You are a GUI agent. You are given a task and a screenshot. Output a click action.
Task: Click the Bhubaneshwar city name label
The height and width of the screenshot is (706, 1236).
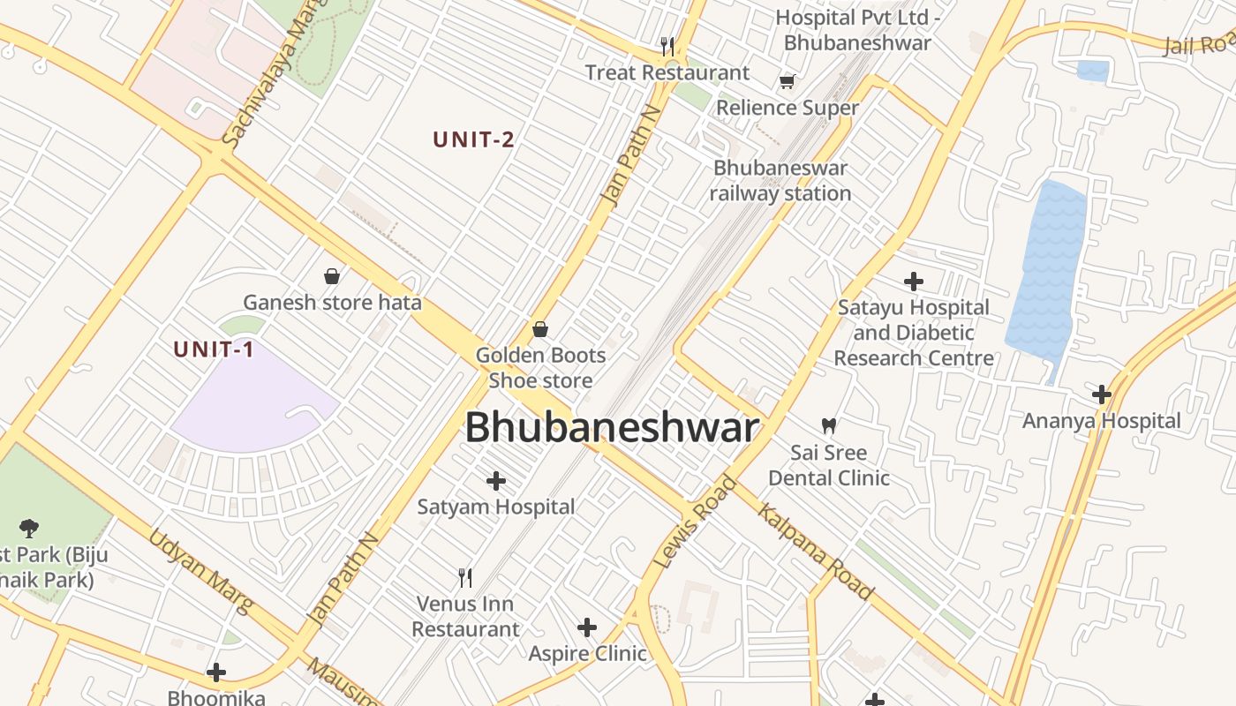coord(611,428)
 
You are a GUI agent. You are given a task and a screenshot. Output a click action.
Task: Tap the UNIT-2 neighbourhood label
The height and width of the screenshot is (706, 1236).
coord(473,139)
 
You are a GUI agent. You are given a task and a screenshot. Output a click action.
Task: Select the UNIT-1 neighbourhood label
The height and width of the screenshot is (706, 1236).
coord(214,349)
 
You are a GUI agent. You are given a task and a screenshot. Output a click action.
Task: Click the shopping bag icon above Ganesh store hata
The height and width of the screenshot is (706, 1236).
coord(332,276)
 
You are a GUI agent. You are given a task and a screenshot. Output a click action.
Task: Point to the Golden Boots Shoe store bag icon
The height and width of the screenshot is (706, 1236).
coord(540,329)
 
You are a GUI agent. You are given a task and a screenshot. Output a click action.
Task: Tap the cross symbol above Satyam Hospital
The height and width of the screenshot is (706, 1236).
coord(496,481)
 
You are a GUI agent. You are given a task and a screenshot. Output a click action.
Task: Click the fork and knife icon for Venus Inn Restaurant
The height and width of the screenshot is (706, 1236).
coord(465,578)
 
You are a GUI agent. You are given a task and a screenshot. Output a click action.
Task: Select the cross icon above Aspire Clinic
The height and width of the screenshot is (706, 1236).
coord(587,627)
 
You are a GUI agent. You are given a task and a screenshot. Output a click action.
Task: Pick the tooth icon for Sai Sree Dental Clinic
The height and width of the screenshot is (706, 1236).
coord(828,426)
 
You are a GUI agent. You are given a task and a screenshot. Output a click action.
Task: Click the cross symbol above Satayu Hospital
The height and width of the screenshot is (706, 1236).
coord(914,282)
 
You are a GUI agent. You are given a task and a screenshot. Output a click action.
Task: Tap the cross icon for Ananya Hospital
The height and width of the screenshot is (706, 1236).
coord(1101,394)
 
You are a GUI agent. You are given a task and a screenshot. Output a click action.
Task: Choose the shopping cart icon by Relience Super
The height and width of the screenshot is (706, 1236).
coord(787,82)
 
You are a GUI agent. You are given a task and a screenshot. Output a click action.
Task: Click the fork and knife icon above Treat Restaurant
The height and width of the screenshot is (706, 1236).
coord(667,45)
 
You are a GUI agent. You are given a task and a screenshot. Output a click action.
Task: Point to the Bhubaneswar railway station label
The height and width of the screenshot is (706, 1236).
coord(780,181)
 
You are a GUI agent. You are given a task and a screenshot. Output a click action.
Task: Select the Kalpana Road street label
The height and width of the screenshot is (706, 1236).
coord(815,553)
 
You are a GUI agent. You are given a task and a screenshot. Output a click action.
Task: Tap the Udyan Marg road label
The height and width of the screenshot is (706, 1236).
coord(200,570)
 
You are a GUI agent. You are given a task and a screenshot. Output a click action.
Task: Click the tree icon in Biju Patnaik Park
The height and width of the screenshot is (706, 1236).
coord(29,529)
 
